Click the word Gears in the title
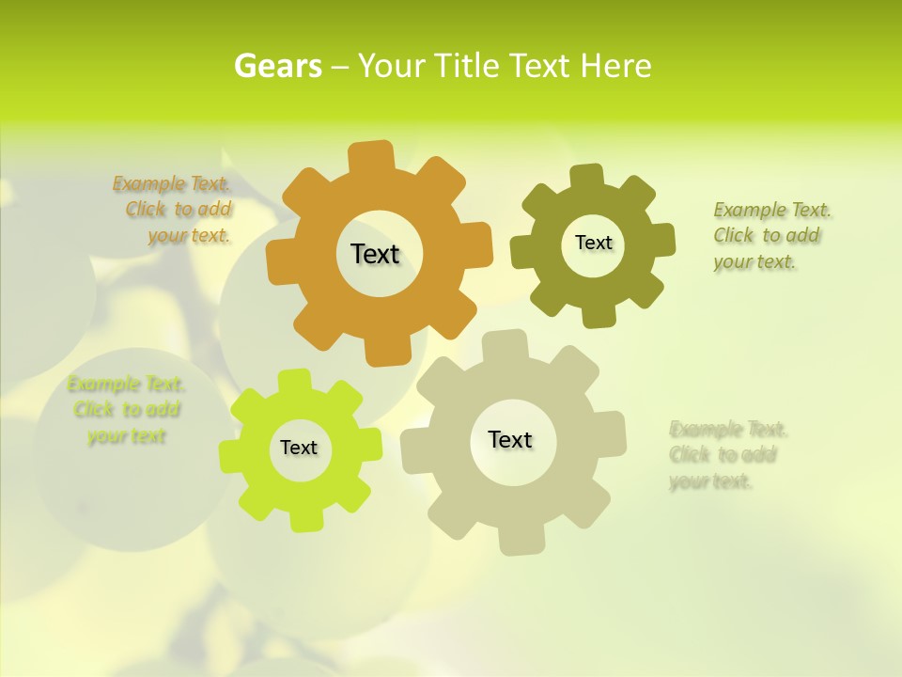coord(278,66)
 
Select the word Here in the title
coord(615,66)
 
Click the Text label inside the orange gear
coord(375,254)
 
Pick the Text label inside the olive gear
coord(593,243)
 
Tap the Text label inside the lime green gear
coord(299,448)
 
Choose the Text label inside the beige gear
coord(510,439)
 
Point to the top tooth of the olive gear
coord(585,177)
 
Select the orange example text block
coord(174,210)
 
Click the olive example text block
coord(771,235)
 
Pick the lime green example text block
coord(126,410)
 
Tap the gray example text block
coord(727,455)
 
